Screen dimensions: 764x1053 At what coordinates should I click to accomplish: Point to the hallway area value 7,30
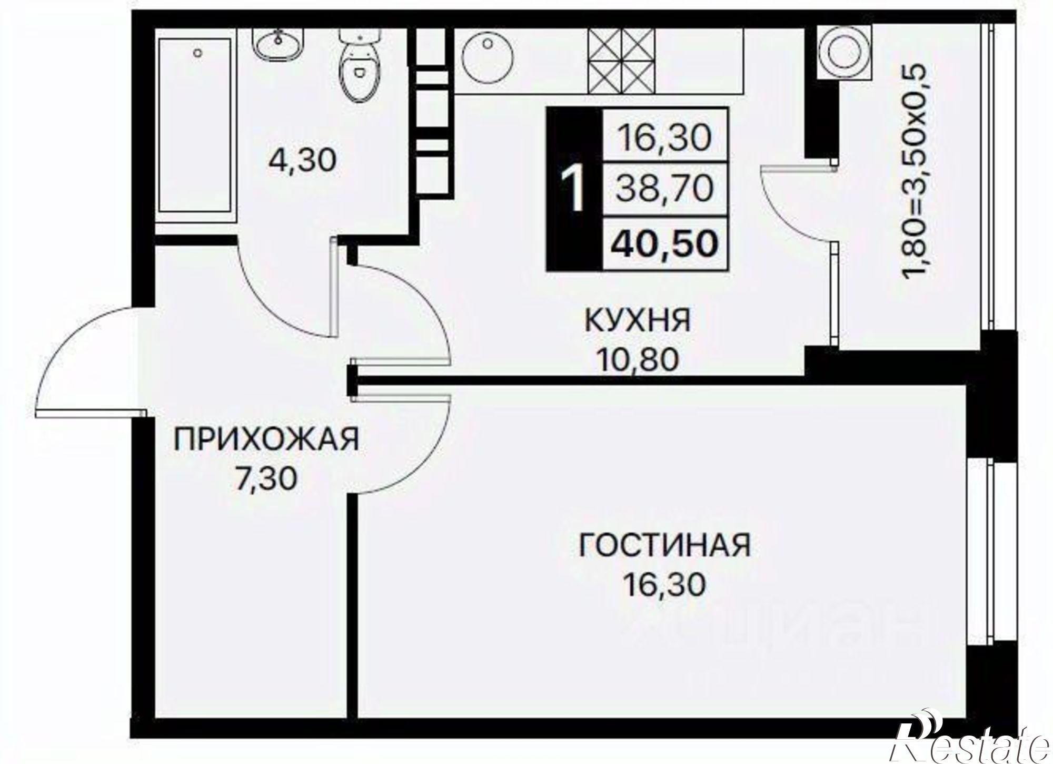click(266, 479)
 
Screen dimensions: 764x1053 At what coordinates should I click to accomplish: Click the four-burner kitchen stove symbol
click(622, 60)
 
